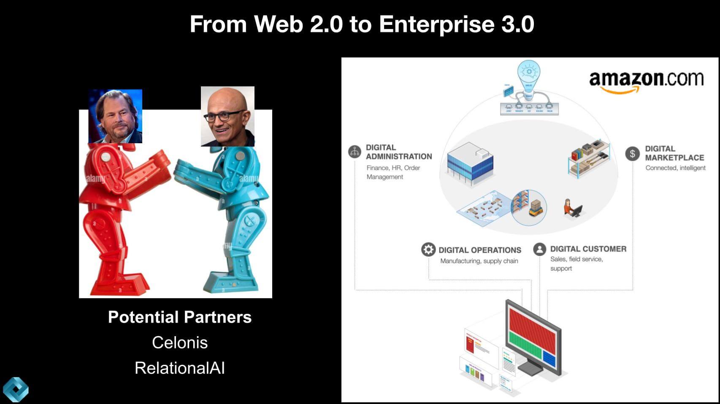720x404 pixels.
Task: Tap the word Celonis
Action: click(x=180, y=343)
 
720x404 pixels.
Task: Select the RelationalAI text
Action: click(x=180, y=368)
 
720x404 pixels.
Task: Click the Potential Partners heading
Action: click(x=180, y=317)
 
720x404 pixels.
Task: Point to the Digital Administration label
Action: click(x=398, y=152)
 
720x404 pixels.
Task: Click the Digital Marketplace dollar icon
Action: click(x=632, y=154)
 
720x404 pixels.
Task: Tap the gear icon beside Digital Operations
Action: click(x=428, y=249)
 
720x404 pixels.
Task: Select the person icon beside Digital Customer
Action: click(x=539, y=249)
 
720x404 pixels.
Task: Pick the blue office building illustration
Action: click(x=470, y=163)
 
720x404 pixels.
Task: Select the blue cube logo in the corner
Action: click(x=16, y=389)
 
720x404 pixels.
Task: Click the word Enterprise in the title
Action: click(x=436, y=24)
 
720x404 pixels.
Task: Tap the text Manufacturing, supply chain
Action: click(x=479, y=261)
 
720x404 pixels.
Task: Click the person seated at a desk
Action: click(x=572, y=208)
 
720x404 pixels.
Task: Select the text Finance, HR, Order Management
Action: click(x=393, y=172)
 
